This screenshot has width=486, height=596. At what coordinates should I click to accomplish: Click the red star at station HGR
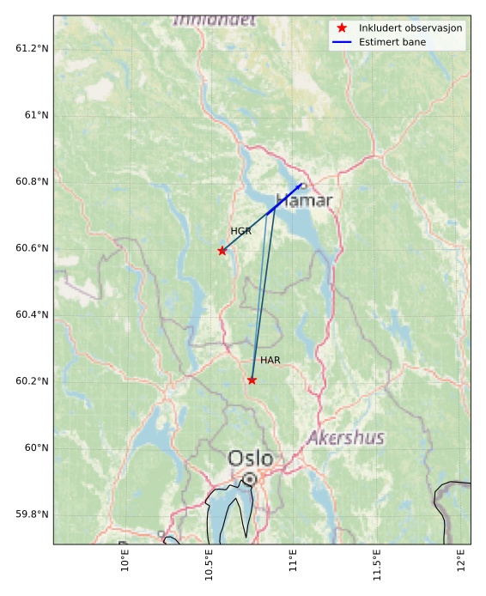pos(222,251)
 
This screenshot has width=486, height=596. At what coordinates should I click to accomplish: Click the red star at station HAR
pos(252,380)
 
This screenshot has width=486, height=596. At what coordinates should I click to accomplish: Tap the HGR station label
pos(241,232)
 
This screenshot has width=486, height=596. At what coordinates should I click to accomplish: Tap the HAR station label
pos(270,361)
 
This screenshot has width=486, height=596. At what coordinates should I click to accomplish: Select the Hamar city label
pos(304,202)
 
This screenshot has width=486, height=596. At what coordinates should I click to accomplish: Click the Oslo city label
pos(251,459)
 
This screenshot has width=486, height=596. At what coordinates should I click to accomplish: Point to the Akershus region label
pos(345,439)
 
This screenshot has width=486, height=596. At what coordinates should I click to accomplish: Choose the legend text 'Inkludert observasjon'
pos(410,28)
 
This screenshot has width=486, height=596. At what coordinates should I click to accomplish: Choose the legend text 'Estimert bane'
pos(392,42)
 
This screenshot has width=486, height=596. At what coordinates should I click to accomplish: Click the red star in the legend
pos(342,28)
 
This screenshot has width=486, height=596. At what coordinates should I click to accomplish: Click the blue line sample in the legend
pos(342,42)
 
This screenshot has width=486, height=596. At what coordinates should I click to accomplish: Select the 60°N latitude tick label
pos(36,447)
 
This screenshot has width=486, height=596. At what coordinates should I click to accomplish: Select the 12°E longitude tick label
pos(463,559)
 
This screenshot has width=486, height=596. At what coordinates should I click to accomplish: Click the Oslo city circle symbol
pos(249,478)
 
